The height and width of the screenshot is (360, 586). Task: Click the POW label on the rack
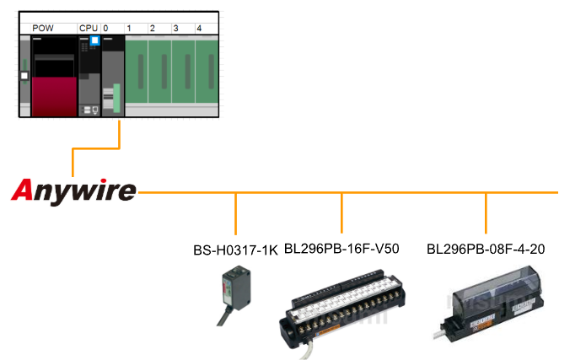click(x=42, y=28)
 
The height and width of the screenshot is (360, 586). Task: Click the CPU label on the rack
click(x=88, y=28)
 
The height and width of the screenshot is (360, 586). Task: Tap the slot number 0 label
click(x=105, y=28)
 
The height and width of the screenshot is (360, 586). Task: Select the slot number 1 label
click(x=128, y=28)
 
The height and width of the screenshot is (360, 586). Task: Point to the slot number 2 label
click(x=152, y=28)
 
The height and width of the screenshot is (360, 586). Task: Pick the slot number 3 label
click(x=175, y=28)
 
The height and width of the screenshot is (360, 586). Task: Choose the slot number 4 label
click(x=198, y=28)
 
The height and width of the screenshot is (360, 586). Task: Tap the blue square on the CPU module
click(x=95, y=40)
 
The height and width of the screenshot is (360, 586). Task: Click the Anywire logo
click(x=73, y=191)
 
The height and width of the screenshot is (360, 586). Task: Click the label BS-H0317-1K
click(x=235, y=250)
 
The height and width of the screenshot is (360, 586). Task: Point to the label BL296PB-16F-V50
click(x=341, y=249)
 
